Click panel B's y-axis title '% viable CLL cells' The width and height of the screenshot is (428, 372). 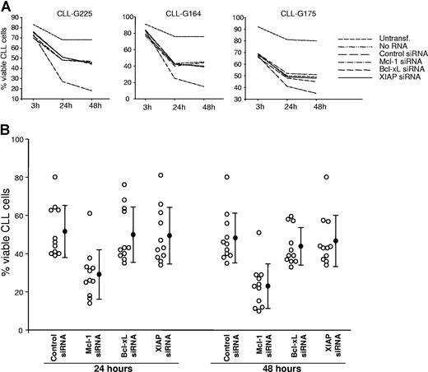pos(10,235)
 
